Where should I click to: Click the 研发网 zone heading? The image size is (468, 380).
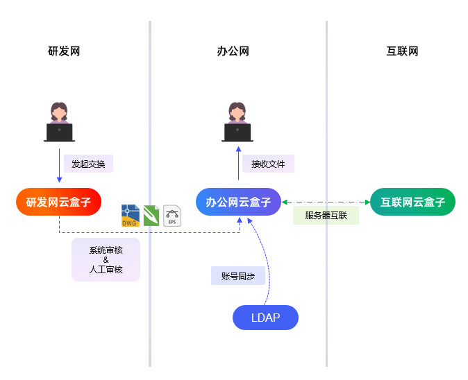tap(65, 51)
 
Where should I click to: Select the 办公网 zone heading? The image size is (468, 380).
tap(233, 51)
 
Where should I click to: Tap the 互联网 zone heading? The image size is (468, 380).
tap(402, 51)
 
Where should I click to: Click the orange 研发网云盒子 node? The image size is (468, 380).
tap(59, 202)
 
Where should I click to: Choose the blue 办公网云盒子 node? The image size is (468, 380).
tap(238, 202)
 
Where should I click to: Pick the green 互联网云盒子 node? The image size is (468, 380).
tap(412, 202)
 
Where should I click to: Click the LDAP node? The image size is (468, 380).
tap(265, 318)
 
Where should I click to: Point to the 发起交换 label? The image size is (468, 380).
tap(88, 164)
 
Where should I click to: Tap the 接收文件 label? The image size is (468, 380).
tap(268, 164)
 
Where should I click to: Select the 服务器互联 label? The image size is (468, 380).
tap(326, 215)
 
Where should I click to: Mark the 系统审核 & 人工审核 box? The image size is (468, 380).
tap(106, 260)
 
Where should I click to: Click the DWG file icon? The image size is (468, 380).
tap(130, 216)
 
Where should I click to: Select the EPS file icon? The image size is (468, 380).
tap(172, 216)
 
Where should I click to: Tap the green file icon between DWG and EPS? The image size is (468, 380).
tap(151, 216)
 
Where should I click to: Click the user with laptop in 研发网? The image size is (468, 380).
tap(59, 123)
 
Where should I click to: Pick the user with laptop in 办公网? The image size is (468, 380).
tap(237, 123)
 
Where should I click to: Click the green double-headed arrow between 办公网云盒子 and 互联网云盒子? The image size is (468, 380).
tap(326, 202)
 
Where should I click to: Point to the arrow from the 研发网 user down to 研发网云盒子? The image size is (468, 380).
tap(59, 166)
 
